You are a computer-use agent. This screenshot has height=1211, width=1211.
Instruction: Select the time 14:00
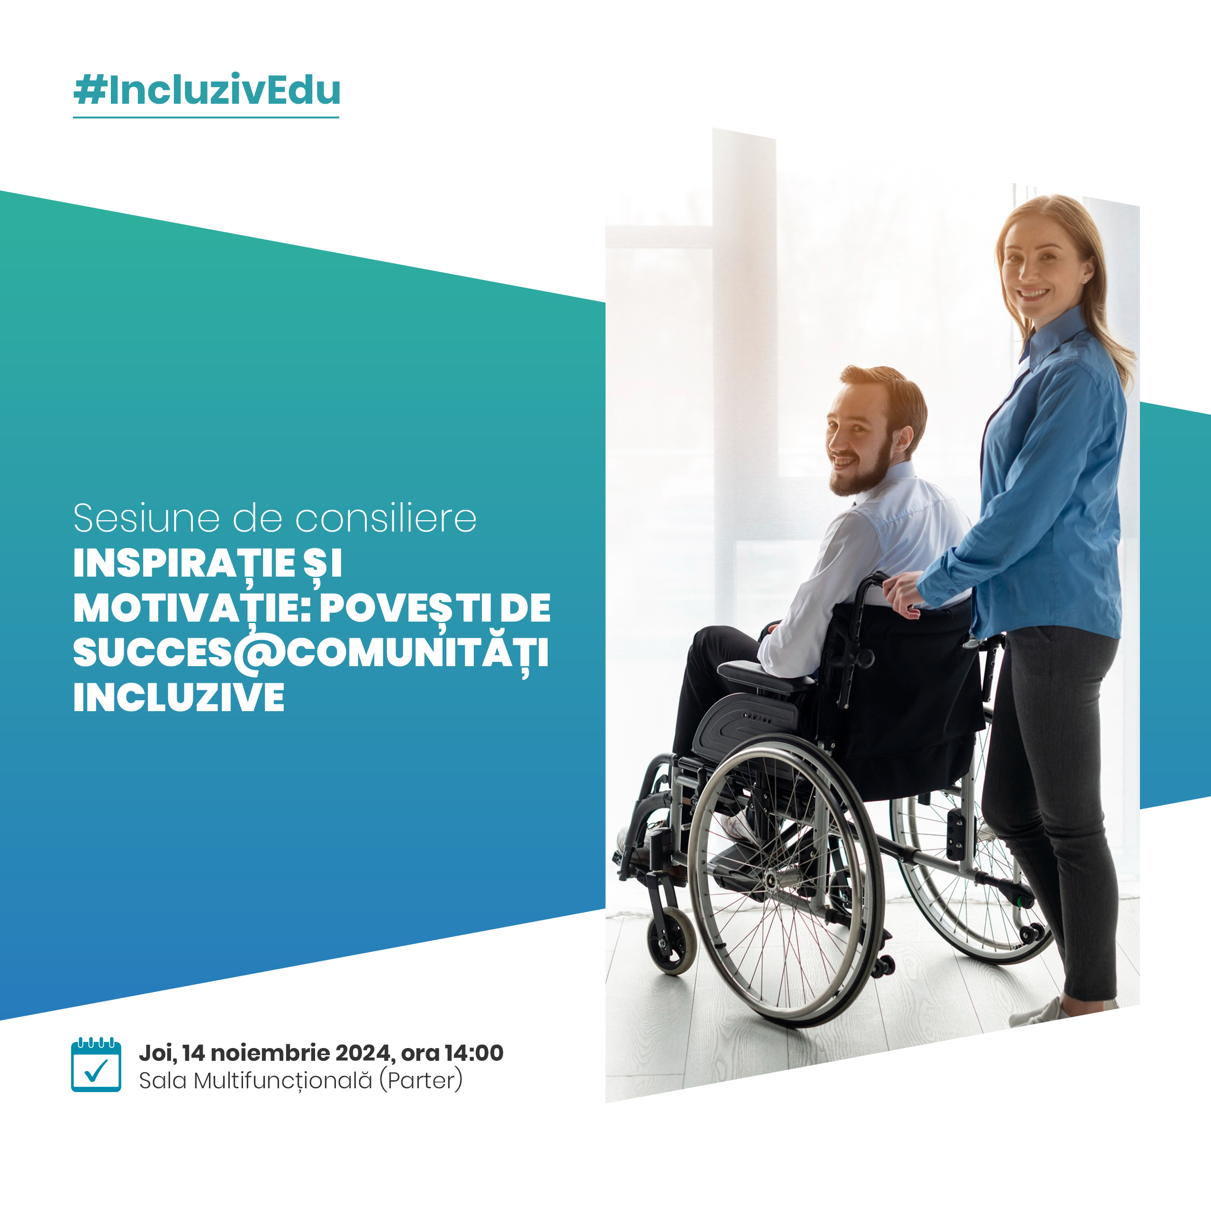point(473,1053)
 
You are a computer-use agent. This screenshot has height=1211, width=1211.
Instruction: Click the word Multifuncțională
point(283,1081)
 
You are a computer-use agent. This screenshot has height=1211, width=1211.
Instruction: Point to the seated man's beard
point(861,470)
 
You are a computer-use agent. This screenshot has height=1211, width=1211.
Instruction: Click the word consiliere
point(386,518)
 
